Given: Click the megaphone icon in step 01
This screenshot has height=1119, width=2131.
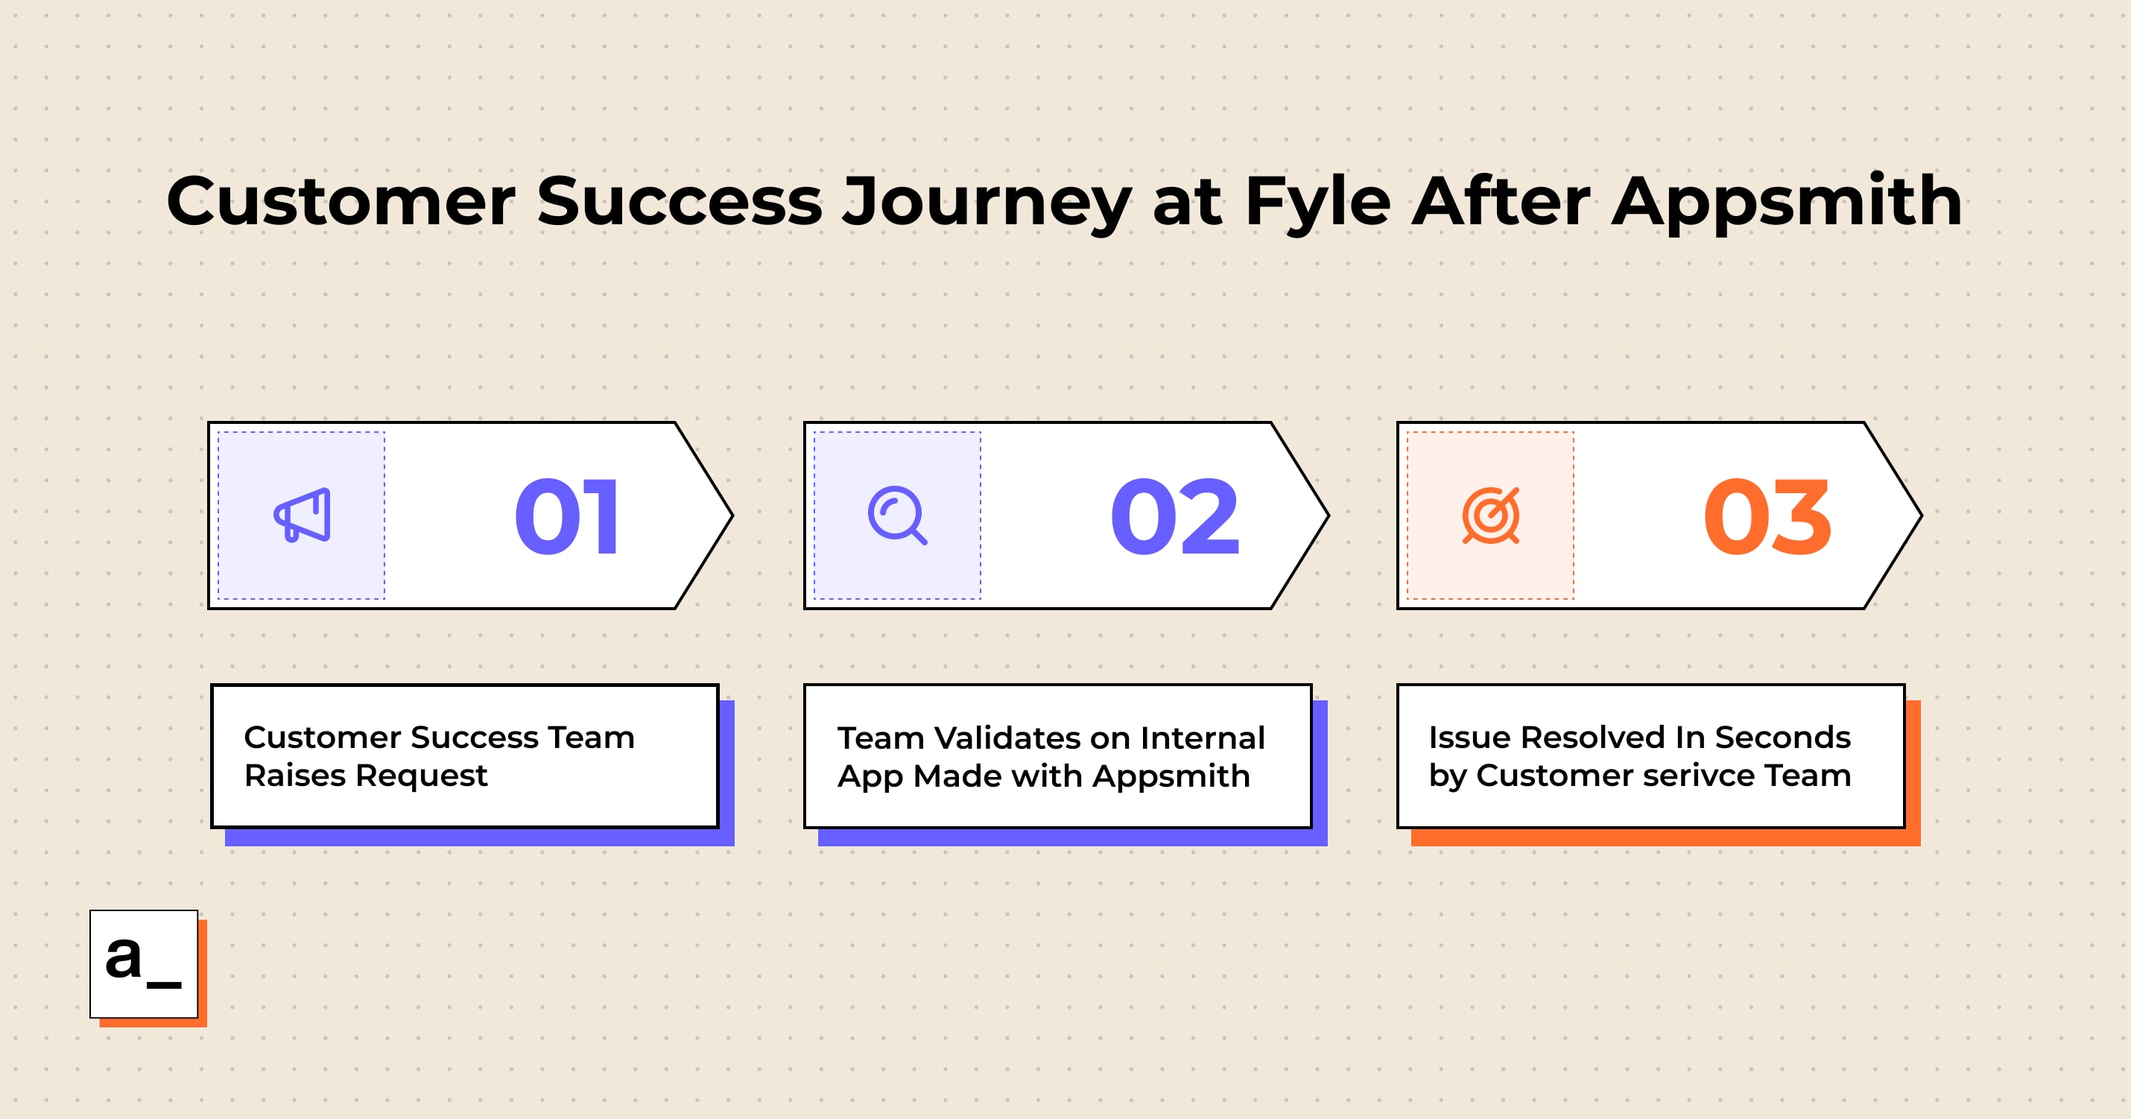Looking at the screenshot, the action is point(302,516).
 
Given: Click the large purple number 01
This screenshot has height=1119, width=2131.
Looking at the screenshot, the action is point(567,516).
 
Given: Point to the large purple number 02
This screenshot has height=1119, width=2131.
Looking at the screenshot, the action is point(1175,516).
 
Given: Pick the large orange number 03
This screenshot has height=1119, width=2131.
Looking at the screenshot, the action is point(1768,516).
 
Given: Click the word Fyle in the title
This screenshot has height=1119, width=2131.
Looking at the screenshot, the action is point(1317,201).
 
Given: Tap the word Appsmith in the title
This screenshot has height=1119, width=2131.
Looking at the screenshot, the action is point(1787,201).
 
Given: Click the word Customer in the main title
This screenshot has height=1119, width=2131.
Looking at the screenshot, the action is point(341,201).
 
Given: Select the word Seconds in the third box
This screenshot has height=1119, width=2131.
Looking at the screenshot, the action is point(1783,737).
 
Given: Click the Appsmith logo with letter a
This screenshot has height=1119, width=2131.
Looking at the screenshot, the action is point(144,964).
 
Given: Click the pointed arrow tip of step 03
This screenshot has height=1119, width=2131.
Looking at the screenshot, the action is point(1921,516).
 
